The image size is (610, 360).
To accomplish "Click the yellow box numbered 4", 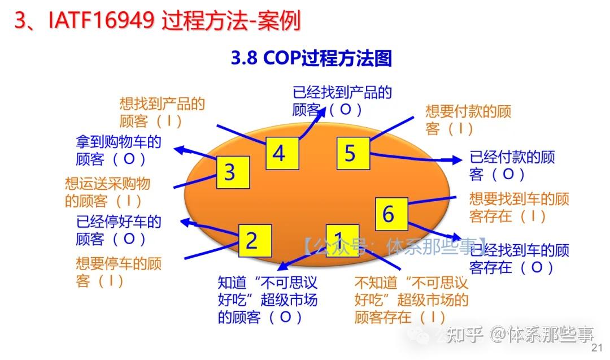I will coord(279,153).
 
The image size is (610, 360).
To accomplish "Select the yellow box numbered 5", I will coord(350,153).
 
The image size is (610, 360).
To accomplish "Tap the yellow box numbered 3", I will coord(229,172).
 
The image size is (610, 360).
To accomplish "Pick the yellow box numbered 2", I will coord(251,241).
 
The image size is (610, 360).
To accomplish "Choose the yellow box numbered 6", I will coord(388,214).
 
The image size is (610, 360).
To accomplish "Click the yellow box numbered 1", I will coord(338,240).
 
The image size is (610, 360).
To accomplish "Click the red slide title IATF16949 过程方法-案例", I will coord(158,21).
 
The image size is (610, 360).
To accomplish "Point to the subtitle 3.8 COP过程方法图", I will coord(311,58).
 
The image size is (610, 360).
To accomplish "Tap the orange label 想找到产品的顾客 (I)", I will coord(162,112).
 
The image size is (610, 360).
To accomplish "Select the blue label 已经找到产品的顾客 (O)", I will coord(341,101).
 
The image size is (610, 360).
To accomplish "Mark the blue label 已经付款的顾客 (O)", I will coord(512,165).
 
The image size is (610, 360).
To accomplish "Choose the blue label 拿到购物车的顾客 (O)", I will coord(119,150).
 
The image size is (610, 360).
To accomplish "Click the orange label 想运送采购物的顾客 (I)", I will coord(108,192).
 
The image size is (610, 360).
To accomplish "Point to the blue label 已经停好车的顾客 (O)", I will coord(119,230).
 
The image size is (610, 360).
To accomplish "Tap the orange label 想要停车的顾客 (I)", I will coord(118,272).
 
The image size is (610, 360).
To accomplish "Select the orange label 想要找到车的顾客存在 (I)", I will coord(518,207).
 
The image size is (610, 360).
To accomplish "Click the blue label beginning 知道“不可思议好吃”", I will coord(267,300).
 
